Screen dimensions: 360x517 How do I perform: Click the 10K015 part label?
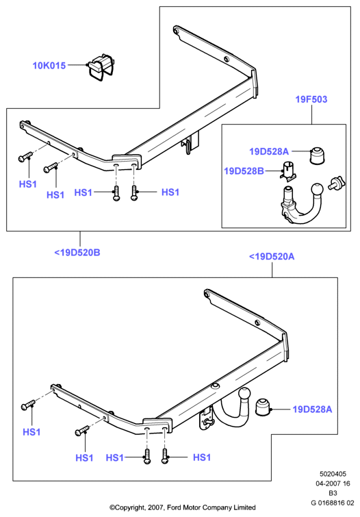pos(49,66)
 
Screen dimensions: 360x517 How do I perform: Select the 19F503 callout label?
pos(311,99)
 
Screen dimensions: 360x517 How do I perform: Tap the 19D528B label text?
pos(244,171)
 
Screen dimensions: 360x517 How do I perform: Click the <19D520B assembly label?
pos(77,253)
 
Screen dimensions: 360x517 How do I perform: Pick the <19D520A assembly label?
pos(272,257)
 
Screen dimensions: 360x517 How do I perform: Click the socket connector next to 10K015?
pos(101,68)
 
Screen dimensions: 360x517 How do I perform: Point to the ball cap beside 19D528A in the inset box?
pos(317,155)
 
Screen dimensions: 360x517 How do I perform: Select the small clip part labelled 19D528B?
pos(288,171)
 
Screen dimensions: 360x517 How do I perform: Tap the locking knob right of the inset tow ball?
pos(335,184)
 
